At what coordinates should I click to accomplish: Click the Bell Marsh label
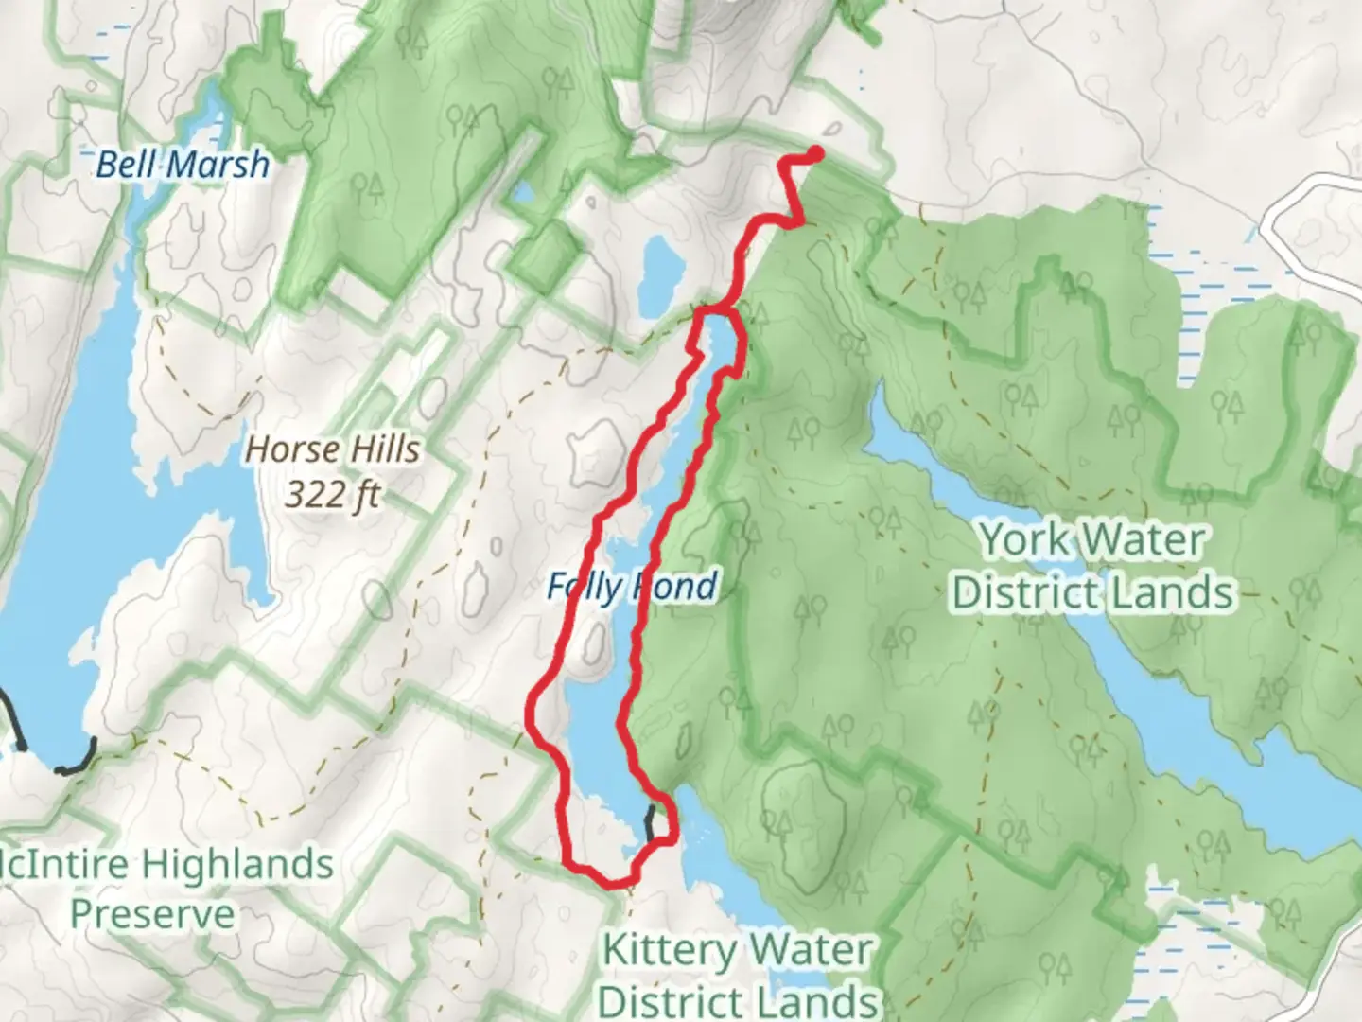tap(183, 165)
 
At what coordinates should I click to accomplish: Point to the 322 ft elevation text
tap(332, 494)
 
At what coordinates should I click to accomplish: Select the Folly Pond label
tap(632, 587)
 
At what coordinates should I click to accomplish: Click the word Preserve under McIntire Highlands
tap(152, 914)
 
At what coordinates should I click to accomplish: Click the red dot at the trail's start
tap(815, 152)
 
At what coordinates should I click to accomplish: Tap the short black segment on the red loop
tap(650, 822)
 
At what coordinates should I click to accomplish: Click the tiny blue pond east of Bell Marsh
tap(521, 195)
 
